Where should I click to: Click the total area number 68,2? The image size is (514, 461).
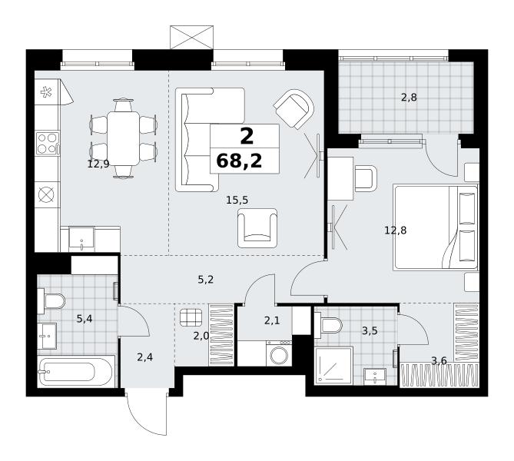click(x=239, y=161)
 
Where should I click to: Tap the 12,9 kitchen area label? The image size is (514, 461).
click(x=98, y=164)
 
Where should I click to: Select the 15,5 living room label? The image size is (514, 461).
click(x=237, y=200)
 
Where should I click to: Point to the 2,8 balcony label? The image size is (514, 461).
click(x=409, y=98)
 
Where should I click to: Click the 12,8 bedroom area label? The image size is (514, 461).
click(x=396, y=230)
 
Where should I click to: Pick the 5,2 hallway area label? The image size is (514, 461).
click(x=206, y=280)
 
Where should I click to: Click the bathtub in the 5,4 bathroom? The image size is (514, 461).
click(x=76, y=371)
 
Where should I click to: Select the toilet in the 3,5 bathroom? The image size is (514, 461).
click(x=328, y=324)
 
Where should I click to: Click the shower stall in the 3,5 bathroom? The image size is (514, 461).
click(x=333, y=366)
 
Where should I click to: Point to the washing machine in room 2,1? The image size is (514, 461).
click(x=279, y=353)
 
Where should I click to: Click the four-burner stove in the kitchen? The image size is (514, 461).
click(x=47, y=143)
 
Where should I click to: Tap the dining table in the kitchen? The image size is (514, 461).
click(x=123, y=138)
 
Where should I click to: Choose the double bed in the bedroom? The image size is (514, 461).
click(x=436, y=228)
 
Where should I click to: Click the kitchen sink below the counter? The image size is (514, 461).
click(x=81, y=239)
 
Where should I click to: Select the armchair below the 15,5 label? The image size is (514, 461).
click(x=257, y=228)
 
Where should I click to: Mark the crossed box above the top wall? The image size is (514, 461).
click(x=192, y=37)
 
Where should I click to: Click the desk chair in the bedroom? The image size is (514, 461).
click(x=366, y=178)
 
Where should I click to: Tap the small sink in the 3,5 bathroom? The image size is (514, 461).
click(x=375, y=376)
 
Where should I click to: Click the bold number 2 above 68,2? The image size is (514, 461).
click(x=247, y=137)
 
